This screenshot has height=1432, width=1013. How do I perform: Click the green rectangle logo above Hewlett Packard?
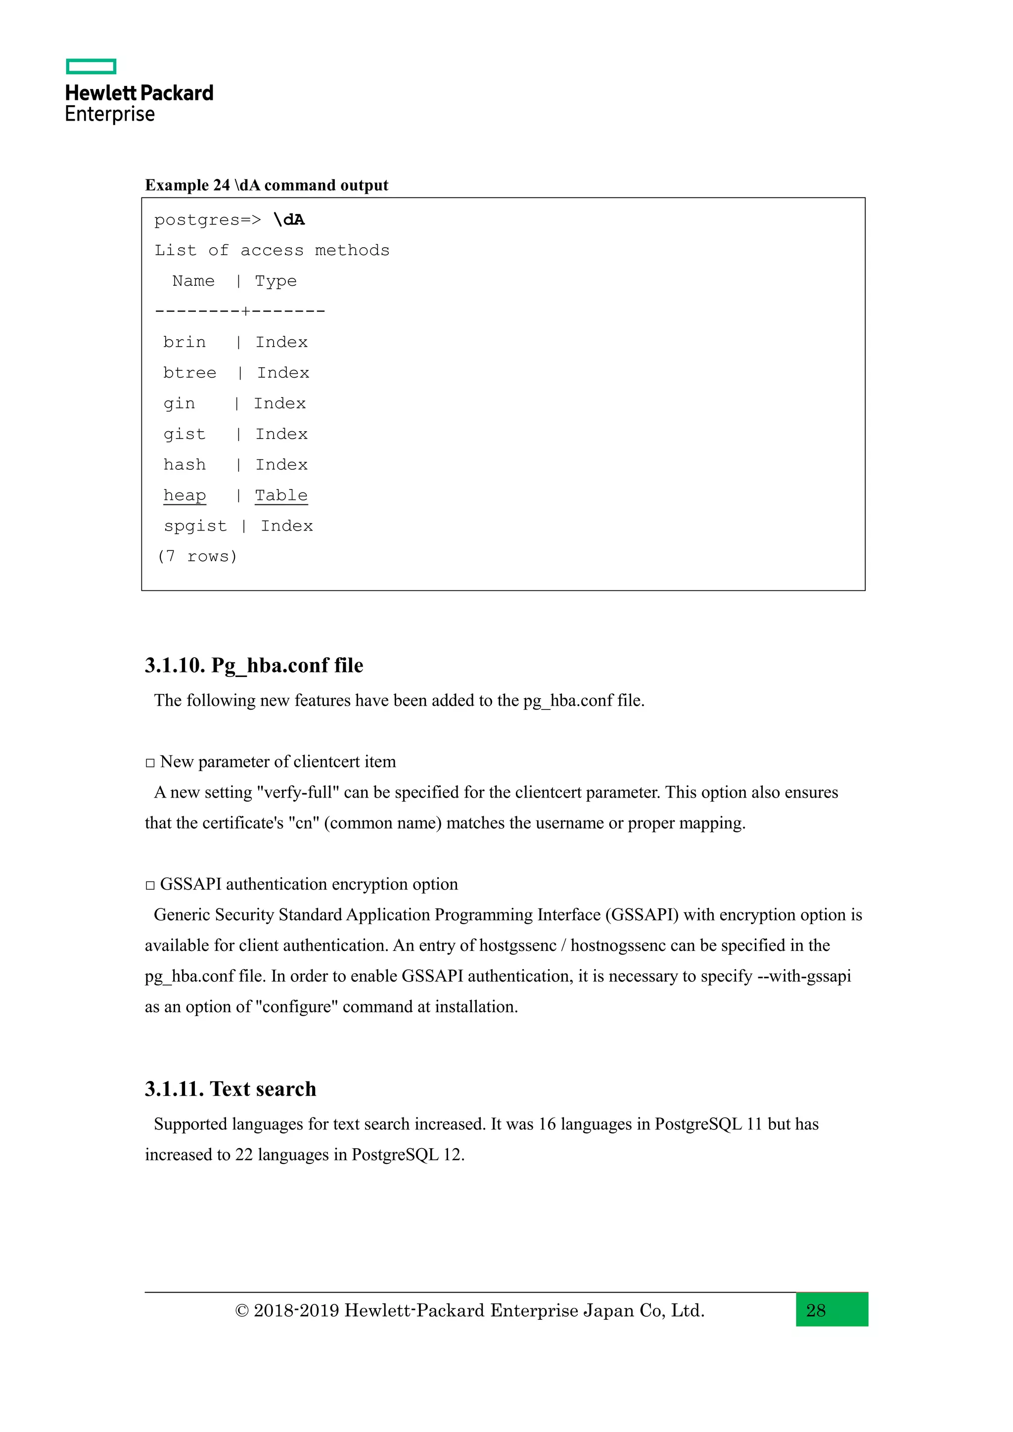coord(91,66)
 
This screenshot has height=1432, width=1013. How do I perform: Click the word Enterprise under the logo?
coord(110,114)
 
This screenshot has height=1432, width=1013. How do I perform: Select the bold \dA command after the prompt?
coord(289,220)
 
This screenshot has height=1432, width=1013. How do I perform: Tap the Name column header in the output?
coord(193,281)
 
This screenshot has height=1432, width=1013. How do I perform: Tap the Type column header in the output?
coord(275,281)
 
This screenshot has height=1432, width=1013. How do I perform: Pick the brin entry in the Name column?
coord(184,342)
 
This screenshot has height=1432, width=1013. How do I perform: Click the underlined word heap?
coord(184,495)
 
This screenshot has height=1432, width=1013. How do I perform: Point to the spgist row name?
coord(195,526)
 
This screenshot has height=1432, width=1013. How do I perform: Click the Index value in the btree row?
coord(283,373)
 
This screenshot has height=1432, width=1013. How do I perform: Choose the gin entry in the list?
coord(179,403)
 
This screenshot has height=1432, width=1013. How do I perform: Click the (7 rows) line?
coord(197,556)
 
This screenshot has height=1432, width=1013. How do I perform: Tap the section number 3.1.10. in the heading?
coord(175,666)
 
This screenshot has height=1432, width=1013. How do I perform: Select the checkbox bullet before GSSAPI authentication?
coord(150,885)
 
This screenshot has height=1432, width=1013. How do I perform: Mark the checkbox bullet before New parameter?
coord(150,763)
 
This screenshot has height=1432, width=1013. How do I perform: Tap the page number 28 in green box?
coord(816,1310)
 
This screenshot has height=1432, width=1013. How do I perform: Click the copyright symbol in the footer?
coord(241,1311)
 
